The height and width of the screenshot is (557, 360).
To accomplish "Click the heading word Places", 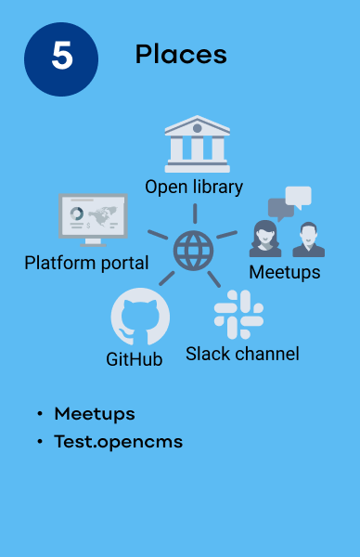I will click(181, 55).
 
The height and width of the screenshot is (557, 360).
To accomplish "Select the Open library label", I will click(194, 187).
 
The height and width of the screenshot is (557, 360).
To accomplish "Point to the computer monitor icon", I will click(93, 217).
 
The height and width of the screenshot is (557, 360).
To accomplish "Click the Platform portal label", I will click(86, 263).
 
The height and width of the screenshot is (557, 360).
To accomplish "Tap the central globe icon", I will click(194, 250).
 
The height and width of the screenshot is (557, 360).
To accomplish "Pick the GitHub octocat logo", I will click(140, 317).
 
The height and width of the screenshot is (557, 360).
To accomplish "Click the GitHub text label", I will click(135, 359).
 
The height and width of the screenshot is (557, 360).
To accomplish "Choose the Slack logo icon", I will click(238, 314).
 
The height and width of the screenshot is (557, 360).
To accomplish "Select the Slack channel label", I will click(242, 354).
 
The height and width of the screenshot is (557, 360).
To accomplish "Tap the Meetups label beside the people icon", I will click(285, 272).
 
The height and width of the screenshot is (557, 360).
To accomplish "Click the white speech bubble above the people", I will click(298, 196).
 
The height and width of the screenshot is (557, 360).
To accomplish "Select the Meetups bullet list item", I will click(95, 413).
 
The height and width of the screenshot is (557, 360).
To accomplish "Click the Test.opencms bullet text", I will click(118, 442).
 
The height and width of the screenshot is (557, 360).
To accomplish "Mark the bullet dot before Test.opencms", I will click(40, 443).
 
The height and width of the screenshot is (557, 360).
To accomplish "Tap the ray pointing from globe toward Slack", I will click(214, 278).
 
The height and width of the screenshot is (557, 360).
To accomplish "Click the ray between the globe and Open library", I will click(194, 213).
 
